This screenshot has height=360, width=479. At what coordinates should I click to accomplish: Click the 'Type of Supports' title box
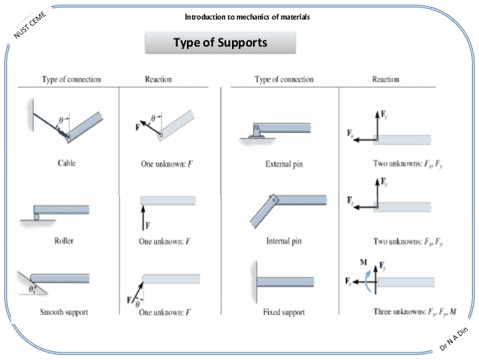[220, 43]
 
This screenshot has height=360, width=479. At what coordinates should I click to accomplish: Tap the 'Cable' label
[66, 162]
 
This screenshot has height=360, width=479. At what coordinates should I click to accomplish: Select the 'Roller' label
[66, 241]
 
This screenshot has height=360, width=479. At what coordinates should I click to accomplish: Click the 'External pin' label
[282, 162]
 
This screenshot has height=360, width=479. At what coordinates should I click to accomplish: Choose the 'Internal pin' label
[282, 241]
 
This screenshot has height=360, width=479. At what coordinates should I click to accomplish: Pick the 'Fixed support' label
[282, 311]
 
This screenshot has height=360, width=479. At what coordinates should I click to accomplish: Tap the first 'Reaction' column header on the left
[158, 79]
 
